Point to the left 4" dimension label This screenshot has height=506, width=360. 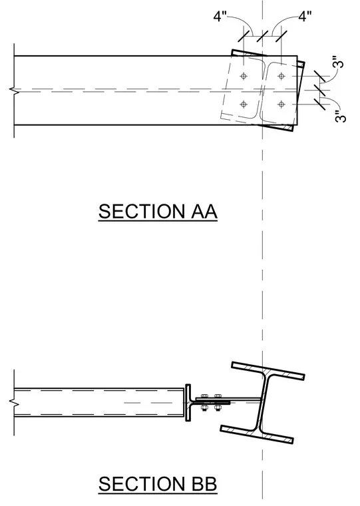point(220,16)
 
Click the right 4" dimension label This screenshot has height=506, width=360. point(305,16)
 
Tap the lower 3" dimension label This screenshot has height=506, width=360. point(340,117)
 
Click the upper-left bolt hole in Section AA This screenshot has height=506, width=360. point(244,77)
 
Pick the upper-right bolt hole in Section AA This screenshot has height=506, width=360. point(281,77)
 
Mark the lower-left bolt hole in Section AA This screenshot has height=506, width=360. point(244,105)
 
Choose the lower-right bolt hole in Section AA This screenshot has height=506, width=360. point(281,105)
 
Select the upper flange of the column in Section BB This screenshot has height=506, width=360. point(268,370)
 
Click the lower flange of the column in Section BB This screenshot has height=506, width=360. point(257,434)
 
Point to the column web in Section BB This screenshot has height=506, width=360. point(263,402)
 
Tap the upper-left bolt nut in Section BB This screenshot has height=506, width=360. point(204,396)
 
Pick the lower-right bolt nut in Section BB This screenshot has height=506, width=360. point(218,408)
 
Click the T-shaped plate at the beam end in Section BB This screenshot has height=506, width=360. point(188,403)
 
